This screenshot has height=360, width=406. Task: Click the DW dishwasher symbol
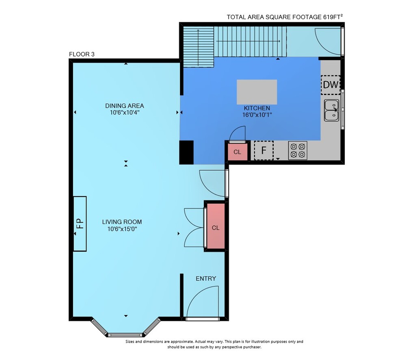330,85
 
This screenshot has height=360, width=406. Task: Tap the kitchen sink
332,111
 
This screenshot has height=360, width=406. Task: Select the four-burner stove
298,150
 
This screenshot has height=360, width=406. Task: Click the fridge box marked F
263,150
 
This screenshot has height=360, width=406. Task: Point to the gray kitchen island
257,92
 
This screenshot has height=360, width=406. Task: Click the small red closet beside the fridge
237,152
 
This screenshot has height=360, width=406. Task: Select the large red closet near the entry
216,226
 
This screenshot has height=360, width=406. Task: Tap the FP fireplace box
80,223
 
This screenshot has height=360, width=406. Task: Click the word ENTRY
206,279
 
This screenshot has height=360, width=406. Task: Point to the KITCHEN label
257,108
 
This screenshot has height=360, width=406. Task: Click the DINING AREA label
125,106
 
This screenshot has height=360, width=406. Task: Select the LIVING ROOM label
122,222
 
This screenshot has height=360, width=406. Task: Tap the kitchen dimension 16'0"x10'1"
257,115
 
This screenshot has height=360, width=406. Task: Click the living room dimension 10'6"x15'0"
122,229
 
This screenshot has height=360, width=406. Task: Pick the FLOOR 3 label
82,54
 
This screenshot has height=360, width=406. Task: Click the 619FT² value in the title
333,17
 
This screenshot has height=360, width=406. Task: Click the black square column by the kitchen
186,152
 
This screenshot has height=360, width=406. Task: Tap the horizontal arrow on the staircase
248,41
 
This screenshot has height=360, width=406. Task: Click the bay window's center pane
125,335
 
